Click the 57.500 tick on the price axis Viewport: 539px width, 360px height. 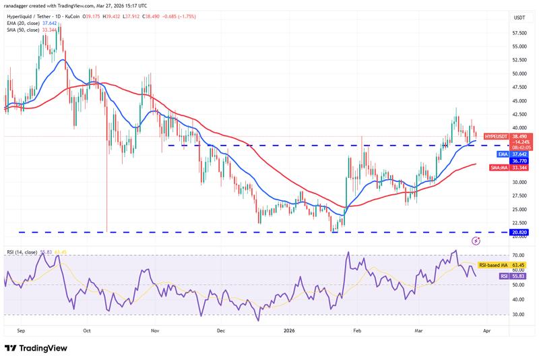pyautogui.click(x=500, y=32)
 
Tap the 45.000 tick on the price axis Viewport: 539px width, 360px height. pyautogui.click(x=500, y=100)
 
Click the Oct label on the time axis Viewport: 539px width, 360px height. pyautogui.click(x=86, y=331)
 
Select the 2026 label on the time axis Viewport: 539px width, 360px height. pyautogui.click(x=289, y=331)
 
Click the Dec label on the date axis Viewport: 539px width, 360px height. pyautogui.click(x=221, y=331)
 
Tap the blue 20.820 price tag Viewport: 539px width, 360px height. pyautogui.click(x=501, y=232)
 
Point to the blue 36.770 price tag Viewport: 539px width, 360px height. pyautogui.click(x=501, y=160)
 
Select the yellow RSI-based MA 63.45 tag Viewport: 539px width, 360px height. pyautogui.click(x=500, y=266)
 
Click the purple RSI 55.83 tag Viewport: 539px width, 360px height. pyautogui.click(x=500, y=276)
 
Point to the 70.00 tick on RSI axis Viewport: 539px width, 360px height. pyautogui.click(x=500, y=256)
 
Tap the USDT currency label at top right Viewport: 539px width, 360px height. pyautogui.click(x=500, y=18)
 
